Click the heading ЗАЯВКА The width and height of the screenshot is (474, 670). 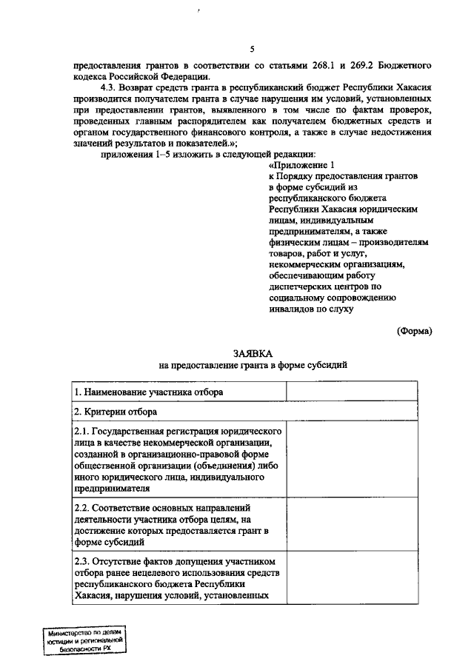[x=252, y=353]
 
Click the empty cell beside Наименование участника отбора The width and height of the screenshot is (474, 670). [x=359, y=391]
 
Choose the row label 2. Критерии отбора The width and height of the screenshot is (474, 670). [x=115, y=411]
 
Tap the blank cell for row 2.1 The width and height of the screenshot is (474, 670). [x=359, y=459]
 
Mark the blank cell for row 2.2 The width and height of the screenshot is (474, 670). [x=359, y=525]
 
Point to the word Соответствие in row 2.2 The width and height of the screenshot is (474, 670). [x=130, y=509]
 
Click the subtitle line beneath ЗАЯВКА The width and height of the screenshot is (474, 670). [x=252, y=366]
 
